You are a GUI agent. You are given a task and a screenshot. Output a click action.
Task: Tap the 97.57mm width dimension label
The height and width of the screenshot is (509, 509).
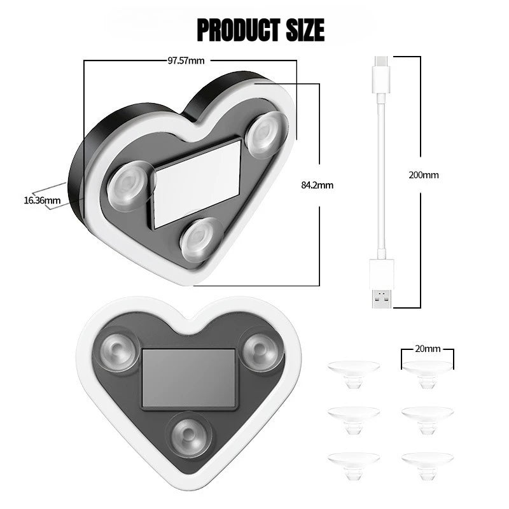[186, 61]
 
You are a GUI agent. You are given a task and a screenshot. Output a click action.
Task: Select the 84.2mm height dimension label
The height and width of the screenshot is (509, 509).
[317, 185]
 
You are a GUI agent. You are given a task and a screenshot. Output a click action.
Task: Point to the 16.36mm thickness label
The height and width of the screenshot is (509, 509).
[42, 200]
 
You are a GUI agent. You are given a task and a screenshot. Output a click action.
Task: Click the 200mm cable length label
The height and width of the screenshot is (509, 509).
[424, 175]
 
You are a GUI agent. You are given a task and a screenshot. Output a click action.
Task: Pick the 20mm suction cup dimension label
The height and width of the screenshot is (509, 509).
[428, 349]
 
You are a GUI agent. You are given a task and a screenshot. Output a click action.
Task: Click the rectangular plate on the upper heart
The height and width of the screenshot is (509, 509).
[197, 183]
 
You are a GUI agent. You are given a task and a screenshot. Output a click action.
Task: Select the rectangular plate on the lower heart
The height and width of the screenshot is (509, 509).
[189, 378]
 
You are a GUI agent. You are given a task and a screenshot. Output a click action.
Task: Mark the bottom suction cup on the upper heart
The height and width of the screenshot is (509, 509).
[201, 239]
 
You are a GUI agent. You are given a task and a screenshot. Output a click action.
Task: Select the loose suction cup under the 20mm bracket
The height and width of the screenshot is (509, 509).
[428, 373]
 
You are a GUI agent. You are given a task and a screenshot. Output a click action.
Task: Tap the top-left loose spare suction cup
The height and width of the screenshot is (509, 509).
[354, 373]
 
